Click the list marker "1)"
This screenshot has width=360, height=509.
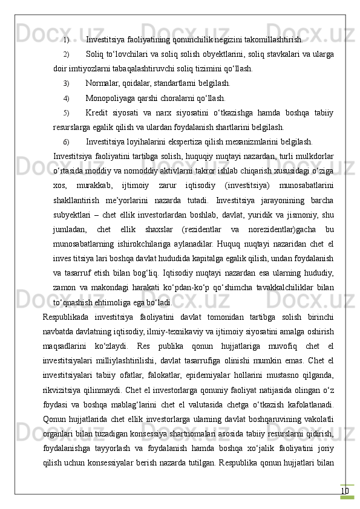click(x=66, y=41)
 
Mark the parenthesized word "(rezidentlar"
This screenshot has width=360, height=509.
click(x=182, y=229)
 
